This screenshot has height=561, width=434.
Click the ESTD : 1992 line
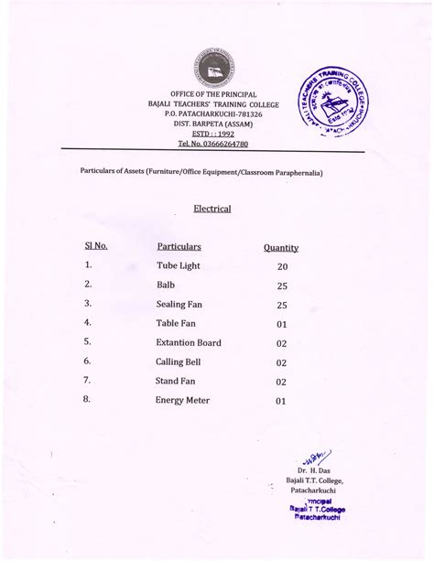point(212,134)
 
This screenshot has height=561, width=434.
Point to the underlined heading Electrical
point(212,209)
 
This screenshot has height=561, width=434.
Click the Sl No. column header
point(96,246)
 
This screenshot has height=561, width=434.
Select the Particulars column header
point(179,247)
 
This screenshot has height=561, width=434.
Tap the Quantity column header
point(281,248)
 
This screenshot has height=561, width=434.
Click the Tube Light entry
point(178,266)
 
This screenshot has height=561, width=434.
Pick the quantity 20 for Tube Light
point(282,267)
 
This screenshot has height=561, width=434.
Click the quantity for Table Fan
point(281,325)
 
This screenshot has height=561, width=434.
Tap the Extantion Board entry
point(189,343)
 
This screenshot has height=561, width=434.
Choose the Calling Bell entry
point(178,362)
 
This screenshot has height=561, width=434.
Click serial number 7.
point(87,380)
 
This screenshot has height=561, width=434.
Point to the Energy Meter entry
point(183,400)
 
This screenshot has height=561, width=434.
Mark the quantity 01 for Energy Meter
point(281,401)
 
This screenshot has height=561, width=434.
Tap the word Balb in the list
point(166,286)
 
